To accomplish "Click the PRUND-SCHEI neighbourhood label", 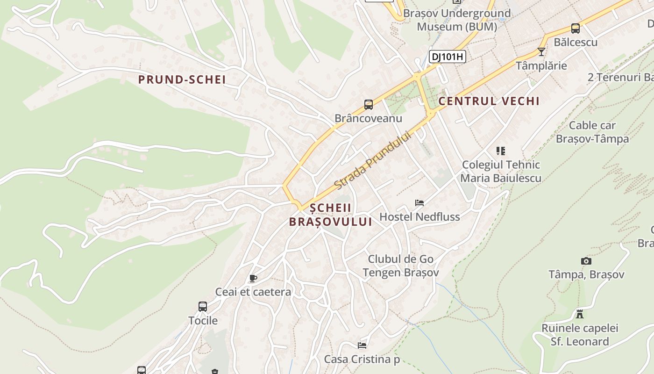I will [182, 79].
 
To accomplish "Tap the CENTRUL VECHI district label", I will [489, 101].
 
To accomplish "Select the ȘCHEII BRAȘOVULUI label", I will [330, 215].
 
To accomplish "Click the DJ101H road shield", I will [448, 57].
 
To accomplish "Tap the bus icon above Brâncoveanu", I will [369, 105].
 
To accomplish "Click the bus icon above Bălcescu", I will [576, 29].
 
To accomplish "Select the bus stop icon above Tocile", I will [203, 307].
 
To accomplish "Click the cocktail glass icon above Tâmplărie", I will [541, 52].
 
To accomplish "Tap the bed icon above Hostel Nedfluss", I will [419, 203].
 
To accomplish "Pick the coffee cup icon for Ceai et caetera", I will [253, 279].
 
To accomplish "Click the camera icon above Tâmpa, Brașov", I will [586, 261].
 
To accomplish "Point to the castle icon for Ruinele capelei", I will [580, 314].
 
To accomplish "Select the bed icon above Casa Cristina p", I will [362, 345].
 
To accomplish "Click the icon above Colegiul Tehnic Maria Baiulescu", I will [501, 151].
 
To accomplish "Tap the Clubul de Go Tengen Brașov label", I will [401, 266].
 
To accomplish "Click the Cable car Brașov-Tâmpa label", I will [592, 132].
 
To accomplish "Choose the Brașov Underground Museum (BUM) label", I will [456, 20].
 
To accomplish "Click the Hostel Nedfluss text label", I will [419, 217].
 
